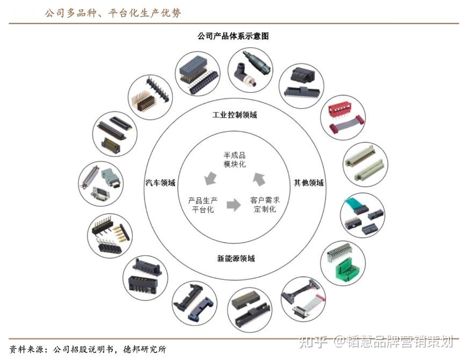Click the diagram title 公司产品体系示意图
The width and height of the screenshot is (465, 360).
tap(233, 36)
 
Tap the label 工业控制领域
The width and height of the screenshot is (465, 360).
tap(235, 114)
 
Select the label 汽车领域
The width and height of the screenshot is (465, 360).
tap(160, 183)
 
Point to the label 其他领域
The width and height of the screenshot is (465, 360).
tap(308, 183)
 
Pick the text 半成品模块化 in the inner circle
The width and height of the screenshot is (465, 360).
tap(235, 159)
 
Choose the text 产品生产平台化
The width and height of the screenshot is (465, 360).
tap(202, 205)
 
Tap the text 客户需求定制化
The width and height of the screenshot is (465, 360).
tap(265, 205)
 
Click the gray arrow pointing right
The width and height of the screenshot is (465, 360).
tap(234, 205)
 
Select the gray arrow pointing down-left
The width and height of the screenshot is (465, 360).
tap(209, 177)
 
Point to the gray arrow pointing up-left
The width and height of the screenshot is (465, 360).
tap(259, 178)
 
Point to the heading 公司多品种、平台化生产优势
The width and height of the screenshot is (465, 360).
tap(112, 13)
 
